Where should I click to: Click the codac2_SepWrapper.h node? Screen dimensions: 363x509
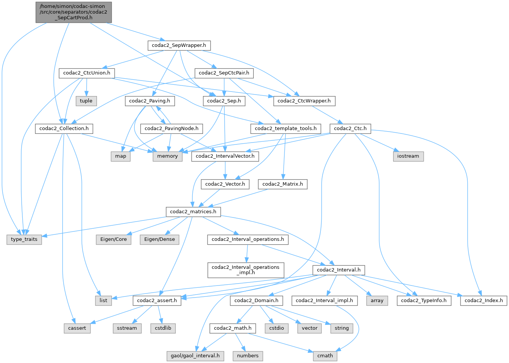coord(179,45)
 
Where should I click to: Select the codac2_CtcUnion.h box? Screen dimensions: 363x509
coord(87,73)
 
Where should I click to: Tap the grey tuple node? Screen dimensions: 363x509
coord(86,101)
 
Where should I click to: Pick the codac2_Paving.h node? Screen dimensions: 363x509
coord(150,101)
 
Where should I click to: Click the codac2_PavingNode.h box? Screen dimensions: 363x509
coord(172,129)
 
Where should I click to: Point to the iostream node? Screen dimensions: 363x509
coord(408,156)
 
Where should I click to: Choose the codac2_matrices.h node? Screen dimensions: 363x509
coord(193,211)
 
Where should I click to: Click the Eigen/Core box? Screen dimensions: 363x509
coord(114,239)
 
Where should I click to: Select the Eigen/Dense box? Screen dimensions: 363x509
coord(159,239)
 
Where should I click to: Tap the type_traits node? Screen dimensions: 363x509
coord(24,239)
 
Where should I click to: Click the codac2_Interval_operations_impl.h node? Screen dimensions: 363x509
coord(245,270)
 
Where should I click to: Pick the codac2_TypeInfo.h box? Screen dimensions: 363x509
coord(424,301)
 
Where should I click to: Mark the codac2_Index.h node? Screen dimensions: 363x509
coord(484,301)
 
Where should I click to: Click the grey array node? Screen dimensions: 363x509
coord(377,301)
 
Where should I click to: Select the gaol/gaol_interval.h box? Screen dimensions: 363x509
coord(195,356)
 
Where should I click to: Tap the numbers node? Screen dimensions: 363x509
coord(248,356)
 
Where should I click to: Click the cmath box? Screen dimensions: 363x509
coord(325,356)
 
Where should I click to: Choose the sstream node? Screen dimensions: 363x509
coord(127,328)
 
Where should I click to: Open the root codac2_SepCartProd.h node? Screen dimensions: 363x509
coord(73,12)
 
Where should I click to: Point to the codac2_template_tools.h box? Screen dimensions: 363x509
coord(286,129)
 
